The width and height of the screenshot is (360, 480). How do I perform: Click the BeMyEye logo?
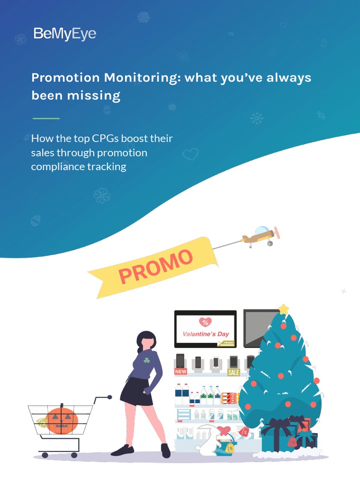(65, 34)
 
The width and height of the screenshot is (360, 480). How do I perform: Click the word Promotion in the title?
(66, 77)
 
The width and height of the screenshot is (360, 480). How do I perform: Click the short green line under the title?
(46, 119)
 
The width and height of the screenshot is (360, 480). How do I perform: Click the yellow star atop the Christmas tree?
(283, 309)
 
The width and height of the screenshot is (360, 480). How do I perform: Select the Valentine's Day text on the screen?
(205, 334)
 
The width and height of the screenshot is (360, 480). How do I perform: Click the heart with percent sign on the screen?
(205, 322)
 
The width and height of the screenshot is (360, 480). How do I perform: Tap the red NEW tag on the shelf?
(180, 372)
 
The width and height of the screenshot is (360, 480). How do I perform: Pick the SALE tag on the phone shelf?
(233, 373)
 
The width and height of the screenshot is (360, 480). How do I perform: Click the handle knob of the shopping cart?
(110, 397)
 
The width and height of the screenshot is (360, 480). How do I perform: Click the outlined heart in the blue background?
(190, 154)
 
